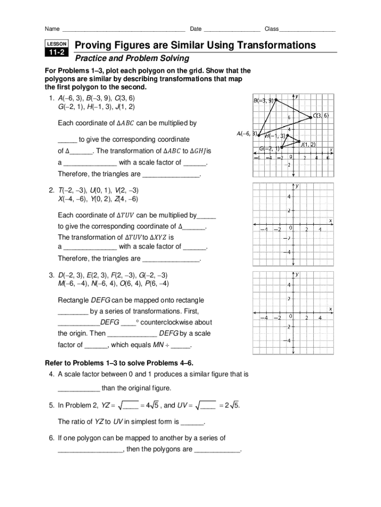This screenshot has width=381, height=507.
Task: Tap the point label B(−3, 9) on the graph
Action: tap(263, 101)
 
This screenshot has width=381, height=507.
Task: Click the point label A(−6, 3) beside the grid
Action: tap(246, 133)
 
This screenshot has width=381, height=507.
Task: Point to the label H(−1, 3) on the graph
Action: tap(275, 136)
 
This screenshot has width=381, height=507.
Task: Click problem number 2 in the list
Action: tap(51, 190)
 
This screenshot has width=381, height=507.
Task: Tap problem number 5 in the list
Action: tap(51, 406)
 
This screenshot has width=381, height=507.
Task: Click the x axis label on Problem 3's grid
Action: tap(331, 309)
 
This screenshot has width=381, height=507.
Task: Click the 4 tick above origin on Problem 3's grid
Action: tap(289, 285)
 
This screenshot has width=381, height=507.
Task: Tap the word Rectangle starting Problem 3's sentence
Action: tap(74, 300)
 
